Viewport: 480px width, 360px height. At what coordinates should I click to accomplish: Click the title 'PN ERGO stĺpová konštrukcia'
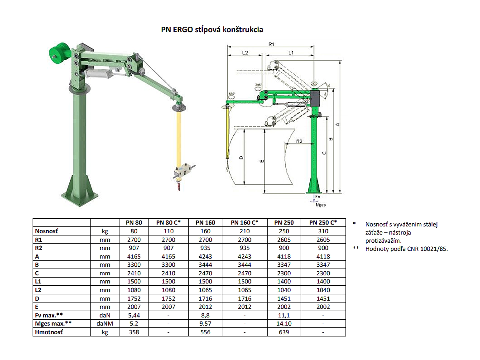212,29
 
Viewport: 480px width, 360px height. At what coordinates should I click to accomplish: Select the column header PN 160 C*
244,222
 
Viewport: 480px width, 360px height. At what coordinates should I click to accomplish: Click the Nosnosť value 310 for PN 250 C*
323,231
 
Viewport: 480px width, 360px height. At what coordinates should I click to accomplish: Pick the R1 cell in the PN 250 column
284,240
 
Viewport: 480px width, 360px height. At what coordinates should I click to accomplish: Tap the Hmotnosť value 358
134,332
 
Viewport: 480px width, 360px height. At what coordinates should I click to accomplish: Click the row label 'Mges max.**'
53,324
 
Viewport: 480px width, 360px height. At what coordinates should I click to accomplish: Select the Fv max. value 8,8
205,315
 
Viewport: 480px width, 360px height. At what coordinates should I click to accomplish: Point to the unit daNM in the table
105,324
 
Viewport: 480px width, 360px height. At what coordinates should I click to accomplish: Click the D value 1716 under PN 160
205,298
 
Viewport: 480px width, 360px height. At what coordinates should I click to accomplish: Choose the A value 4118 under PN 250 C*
323,257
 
